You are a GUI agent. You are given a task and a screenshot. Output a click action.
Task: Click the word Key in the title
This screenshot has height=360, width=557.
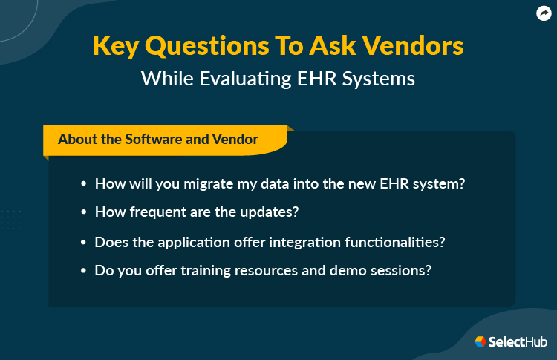tap(116, 46)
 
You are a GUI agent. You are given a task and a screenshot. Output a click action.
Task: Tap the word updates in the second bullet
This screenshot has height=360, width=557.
tap(270, 212)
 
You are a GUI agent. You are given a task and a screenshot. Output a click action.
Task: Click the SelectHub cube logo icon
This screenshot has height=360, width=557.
tap(481, 341)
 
